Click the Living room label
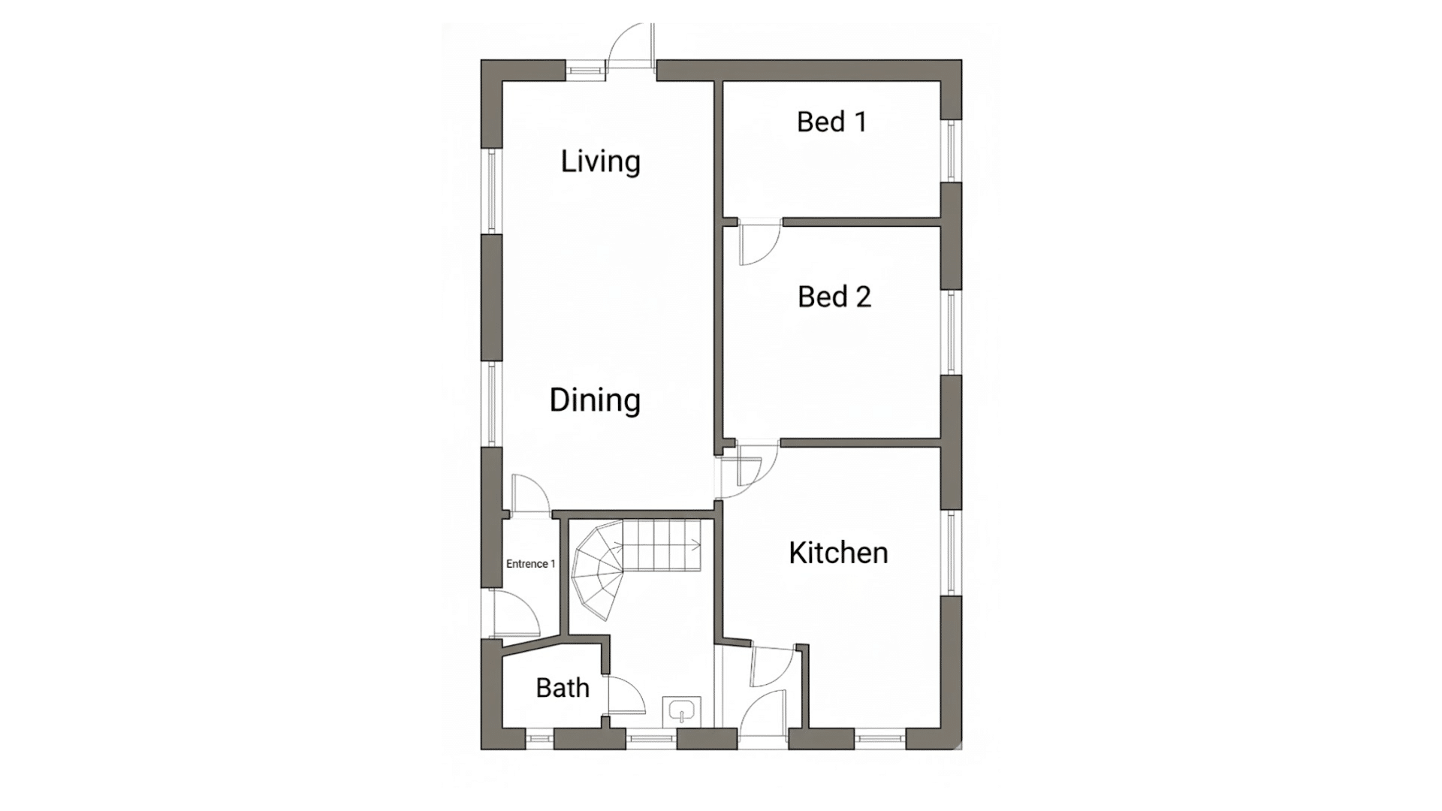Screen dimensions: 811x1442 click(x=600, y=161)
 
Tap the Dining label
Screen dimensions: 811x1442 click(x=594, y=399)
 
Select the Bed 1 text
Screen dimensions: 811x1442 click(x=831, y=122)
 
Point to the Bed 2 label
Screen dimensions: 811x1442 click(x=834, y=297)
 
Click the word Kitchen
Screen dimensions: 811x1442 click(x=838, y=553)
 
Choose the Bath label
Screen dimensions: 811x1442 click(x=562, y=688)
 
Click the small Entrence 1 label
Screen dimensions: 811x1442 click(x=530, y=564)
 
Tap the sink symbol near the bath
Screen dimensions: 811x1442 click(x=681, y=710)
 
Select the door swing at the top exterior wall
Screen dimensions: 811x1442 click(x=629, y=47)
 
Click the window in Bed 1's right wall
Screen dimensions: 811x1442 click(x=951, y=150)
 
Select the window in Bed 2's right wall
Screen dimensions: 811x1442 click(x=951, y=332)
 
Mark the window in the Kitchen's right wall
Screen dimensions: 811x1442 click(x=951, y=553)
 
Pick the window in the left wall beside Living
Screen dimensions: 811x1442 click(x=492, y=191)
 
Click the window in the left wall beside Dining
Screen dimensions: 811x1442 click(x=492, y=405)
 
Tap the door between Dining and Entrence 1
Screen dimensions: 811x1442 click(x=529, y=496)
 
